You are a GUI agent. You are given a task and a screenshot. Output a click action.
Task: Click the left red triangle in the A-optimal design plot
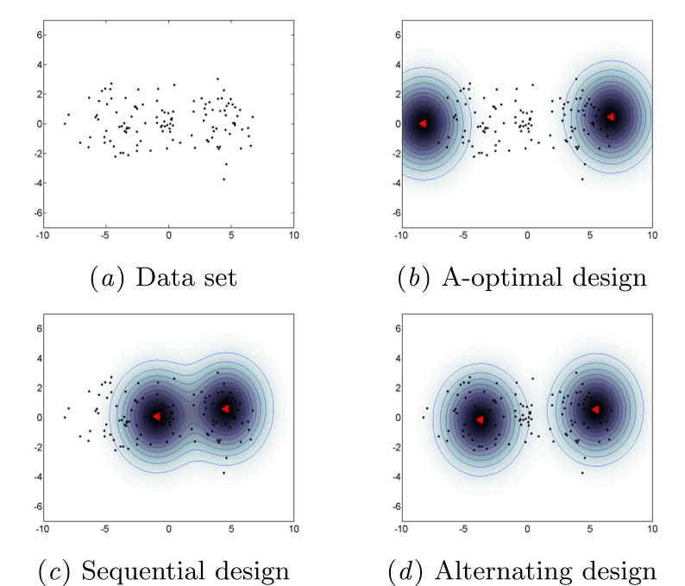point(423,123)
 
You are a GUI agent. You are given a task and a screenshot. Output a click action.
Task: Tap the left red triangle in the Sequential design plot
point(156,416)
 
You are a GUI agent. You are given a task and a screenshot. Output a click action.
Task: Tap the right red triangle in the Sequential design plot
point(223,408)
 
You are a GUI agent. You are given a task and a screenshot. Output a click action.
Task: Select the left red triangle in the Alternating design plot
point(479,419)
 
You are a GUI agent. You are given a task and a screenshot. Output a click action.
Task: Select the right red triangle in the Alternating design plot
point(594,409)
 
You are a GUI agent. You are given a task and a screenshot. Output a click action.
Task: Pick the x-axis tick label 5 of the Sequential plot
point(230,528)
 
